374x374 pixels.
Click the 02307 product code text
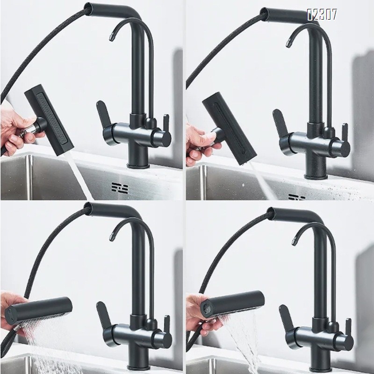pos(322,15)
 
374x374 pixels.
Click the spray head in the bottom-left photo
pos(39,307)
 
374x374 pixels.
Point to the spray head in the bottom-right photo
pos(234,304)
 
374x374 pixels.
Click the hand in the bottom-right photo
pos(199,309)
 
